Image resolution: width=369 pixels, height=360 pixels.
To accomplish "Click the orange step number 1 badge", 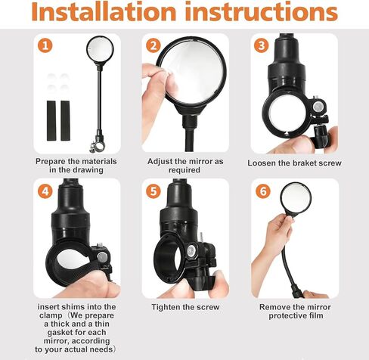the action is [45, 45].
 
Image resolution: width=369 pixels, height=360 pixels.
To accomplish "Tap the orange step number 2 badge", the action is [153, 45].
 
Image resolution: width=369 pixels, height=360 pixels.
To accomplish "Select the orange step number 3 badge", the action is [262, 45].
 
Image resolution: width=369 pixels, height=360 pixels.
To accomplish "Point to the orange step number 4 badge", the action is [45, 191].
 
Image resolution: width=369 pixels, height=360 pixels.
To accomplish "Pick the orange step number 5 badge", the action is [153, 191].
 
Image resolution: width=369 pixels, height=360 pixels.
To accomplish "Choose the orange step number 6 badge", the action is [263, 191].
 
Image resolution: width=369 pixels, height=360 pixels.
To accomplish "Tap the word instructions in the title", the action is [261, 12].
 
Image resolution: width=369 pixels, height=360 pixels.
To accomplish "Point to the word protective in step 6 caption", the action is [287, 315].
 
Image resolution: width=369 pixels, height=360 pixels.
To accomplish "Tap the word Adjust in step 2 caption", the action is [160, 161].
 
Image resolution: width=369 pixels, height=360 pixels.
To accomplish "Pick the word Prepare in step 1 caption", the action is [51, 161].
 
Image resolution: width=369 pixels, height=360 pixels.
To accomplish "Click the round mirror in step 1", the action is [100, 49].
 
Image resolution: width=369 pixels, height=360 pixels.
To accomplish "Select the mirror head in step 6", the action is [296, 198].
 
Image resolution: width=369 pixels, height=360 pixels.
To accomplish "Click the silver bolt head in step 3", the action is [318, 107].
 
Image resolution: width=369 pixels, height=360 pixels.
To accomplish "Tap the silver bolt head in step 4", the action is [102, 257].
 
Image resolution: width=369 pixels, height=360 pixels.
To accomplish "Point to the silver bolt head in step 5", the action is [191, 251].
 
